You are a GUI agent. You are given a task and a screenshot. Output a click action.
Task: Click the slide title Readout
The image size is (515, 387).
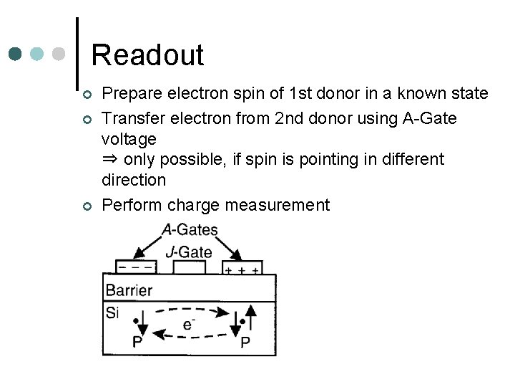(x=147, y=54)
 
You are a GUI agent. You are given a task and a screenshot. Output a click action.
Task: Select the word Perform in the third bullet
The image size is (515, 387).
(x=132, y=206)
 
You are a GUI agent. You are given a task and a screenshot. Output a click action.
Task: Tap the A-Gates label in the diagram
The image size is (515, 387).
(x=190, y=230)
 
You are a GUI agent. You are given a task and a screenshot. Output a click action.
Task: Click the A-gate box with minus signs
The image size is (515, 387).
(x=136, y=267)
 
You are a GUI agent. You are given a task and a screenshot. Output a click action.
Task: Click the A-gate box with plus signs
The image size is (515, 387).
(x=242, y=267)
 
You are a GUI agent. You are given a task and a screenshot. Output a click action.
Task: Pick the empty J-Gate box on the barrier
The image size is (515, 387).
(x=190, y=267)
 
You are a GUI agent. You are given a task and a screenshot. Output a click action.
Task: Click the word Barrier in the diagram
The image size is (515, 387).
(x=129, y=290)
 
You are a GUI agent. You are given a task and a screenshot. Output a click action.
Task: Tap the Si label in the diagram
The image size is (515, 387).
(x=113, y=312)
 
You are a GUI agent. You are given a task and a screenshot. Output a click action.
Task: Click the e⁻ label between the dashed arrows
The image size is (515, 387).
(x=189, y=324)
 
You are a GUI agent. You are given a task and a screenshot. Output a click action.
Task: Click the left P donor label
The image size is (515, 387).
(x=137, y=342)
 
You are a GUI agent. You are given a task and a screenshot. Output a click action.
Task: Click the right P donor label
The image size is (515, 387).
(x=245, y=342)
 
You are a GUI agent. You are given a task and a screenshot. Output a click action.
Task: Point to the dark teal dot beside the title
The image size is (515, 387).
(x=15, y=54)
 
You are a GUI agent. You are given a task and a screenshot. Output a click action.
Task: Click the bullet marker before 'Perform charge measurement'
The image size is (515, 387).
(x=85, y=206)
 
